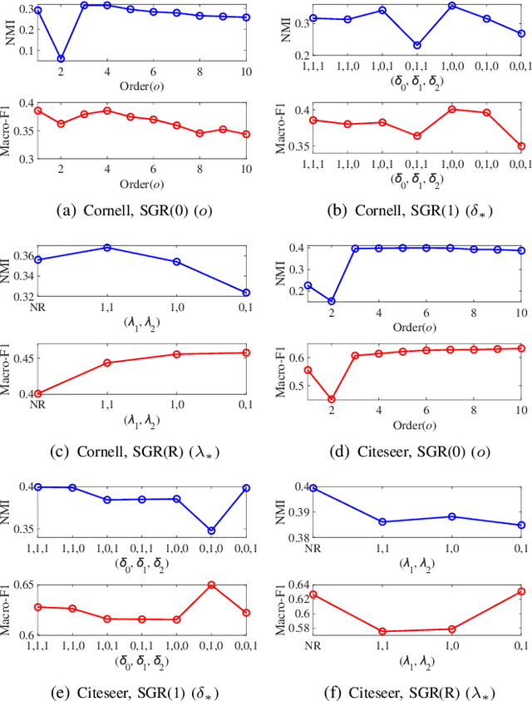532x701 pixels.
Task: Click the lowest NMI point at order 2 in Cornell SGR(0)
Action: [61, 59]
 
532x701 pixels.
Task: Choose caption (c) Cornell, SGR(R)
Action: [137, 452]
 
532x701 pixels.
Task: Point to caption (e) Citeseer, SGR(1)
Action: [137, 689]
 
